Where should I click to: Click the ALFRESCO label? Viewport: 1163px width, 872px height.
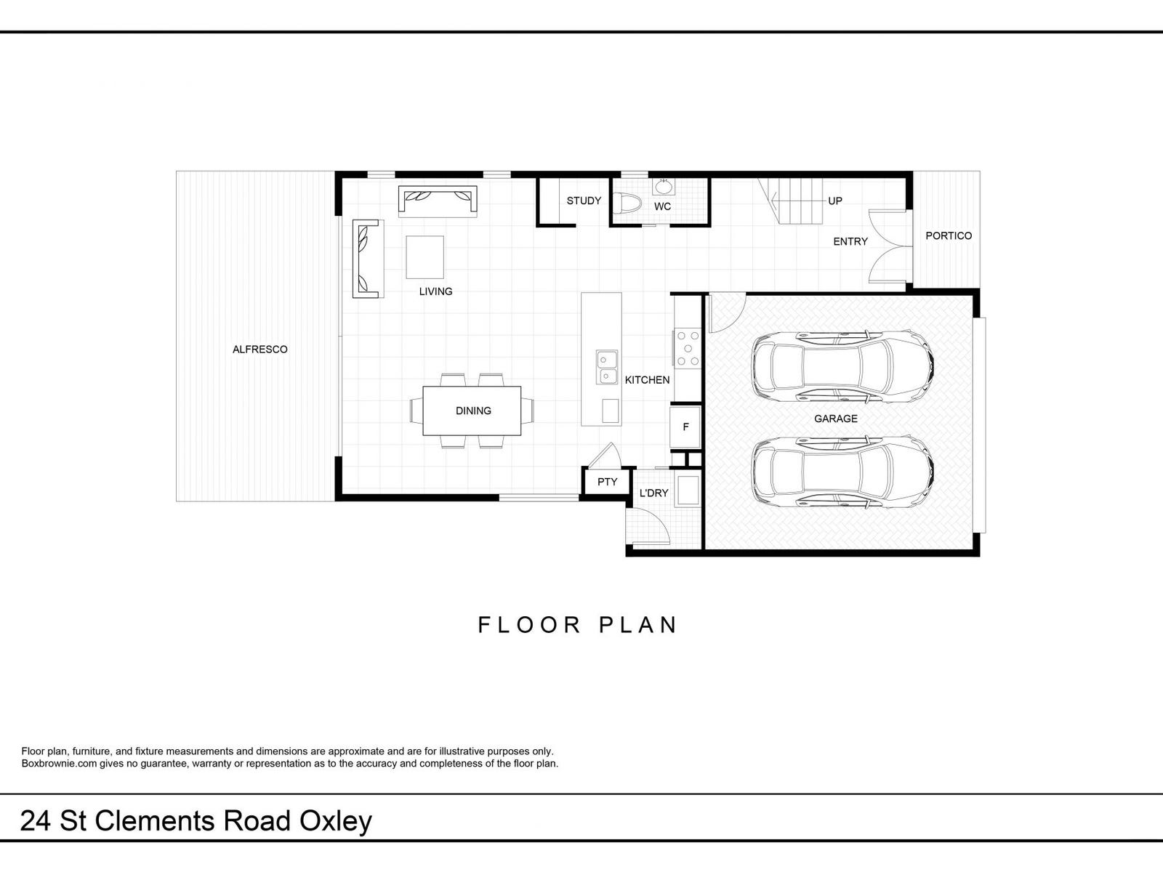coord(259,350)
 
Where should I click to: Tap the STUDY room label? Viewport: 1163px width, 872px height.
coord(584,201)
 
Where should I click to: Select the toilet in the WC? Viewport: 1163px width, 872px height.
coord(627,203)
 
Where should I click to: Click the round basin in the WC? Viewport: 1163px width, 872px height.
coord(664,187)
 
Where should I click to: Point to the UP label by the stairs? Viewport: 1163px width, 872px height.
coord(835,201)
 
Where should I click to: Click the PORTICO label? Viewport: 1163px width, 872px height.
coord(949,236)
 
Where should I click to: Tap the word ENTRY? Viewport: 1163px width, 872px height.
coord(850,241)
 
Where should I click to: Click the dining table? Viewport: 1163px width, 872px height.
coord(472,411)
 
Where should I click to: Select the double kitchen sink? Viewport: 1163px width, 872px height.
coord(607,367)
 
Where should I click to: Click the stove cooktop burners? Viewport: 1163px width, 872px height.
coord(688,348)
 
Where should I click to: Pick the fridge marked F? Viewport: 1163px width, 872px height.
coord(685,427)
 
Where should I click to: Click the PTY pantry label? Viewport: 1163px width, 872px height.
coord(607,482)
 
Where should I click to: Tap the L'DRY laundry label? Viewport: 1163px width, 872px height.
coord(653,493)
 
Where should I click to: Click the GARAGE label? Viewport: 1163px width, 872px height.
coord(836,419)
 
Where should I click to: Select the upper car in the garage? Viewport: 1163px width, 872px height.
coord(843,366)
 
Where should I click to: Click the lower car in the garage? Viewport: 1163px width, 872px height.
coord(843,471)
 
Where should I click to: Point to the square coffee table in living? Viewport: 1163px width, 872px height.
coord(425,257)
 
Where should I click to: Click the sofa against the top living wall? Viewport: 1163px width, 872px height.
coord(438,201)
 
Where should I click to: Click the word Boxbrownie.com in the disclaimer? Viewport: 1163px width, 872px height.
coord(60,764)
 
